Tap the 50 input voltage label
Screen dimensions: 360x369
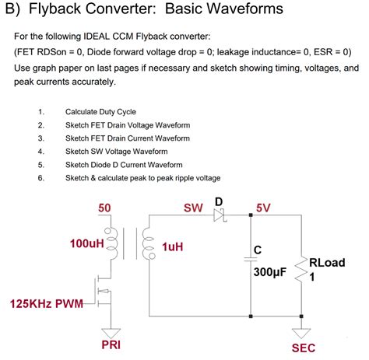pyautogui.click(x=104, y=208)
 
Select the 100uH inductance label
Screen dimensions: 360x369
pyautogui.click(x=86, y=243)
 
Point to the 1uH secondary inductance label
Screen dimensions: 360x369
pyautogui.click(x=172, y=247)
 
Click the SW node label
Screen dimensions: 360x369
pyautogui.click(x=192, y=208)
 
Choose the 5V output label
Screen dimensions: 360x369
pyautogui.click(x=264, y=208)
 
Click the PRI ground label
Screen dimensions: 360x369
pyautogui.click(x=111, y=343)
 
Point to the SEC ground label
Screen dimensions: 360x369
pyautogui.click(x=303, y=348)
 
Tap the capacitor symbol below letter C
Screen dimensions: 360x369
pyautogui.click(x=250, y=262)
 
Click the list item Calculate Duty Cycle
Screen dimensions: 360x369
pyautogui.click(x=100, y=111)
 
